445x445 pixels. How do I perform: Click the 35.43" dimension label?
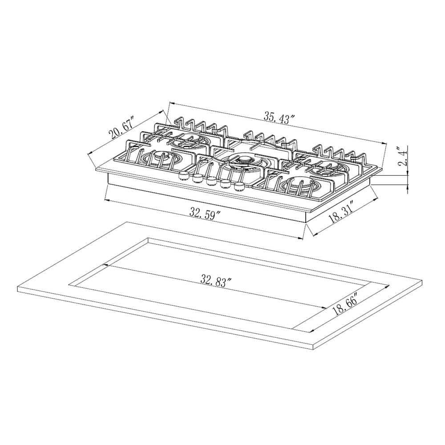point(279,117)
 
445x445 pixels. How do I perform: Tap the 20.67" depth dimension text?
point(121,129)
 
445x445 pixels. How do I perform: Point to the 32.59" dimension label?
point(205,213)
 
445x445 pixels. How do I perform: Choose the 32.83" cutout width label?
point(217,280)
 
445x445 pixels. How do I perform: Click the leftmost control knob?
point(182,176)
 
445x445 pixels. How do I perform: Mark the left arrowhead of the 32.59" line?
point(106,200)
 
